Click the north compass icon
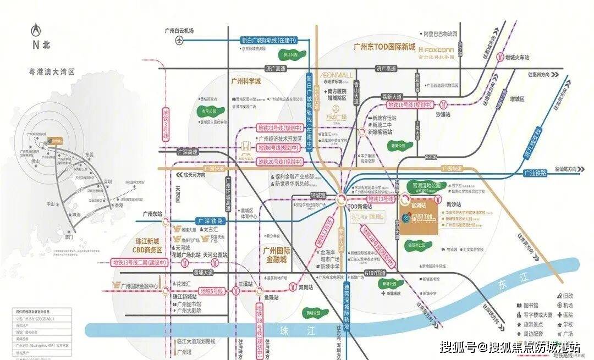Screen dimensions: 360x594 tap(36, 28)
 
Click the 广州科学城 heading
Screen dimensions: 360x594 tap(246, 81)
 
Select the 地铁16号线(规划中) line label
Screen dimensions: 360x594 tap(409, 104)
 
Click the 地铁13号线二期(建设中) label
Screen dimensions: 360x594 tap(139, 263)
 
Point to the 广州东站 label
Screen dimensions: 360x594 tap(151, 214)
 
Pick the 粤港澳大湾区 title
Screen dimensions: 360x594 tap(52, 71)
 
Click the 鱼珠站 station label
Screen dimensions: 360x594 tap(271, 297)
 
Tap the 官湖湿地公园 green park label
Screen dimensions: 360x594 tap(428, 185)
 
